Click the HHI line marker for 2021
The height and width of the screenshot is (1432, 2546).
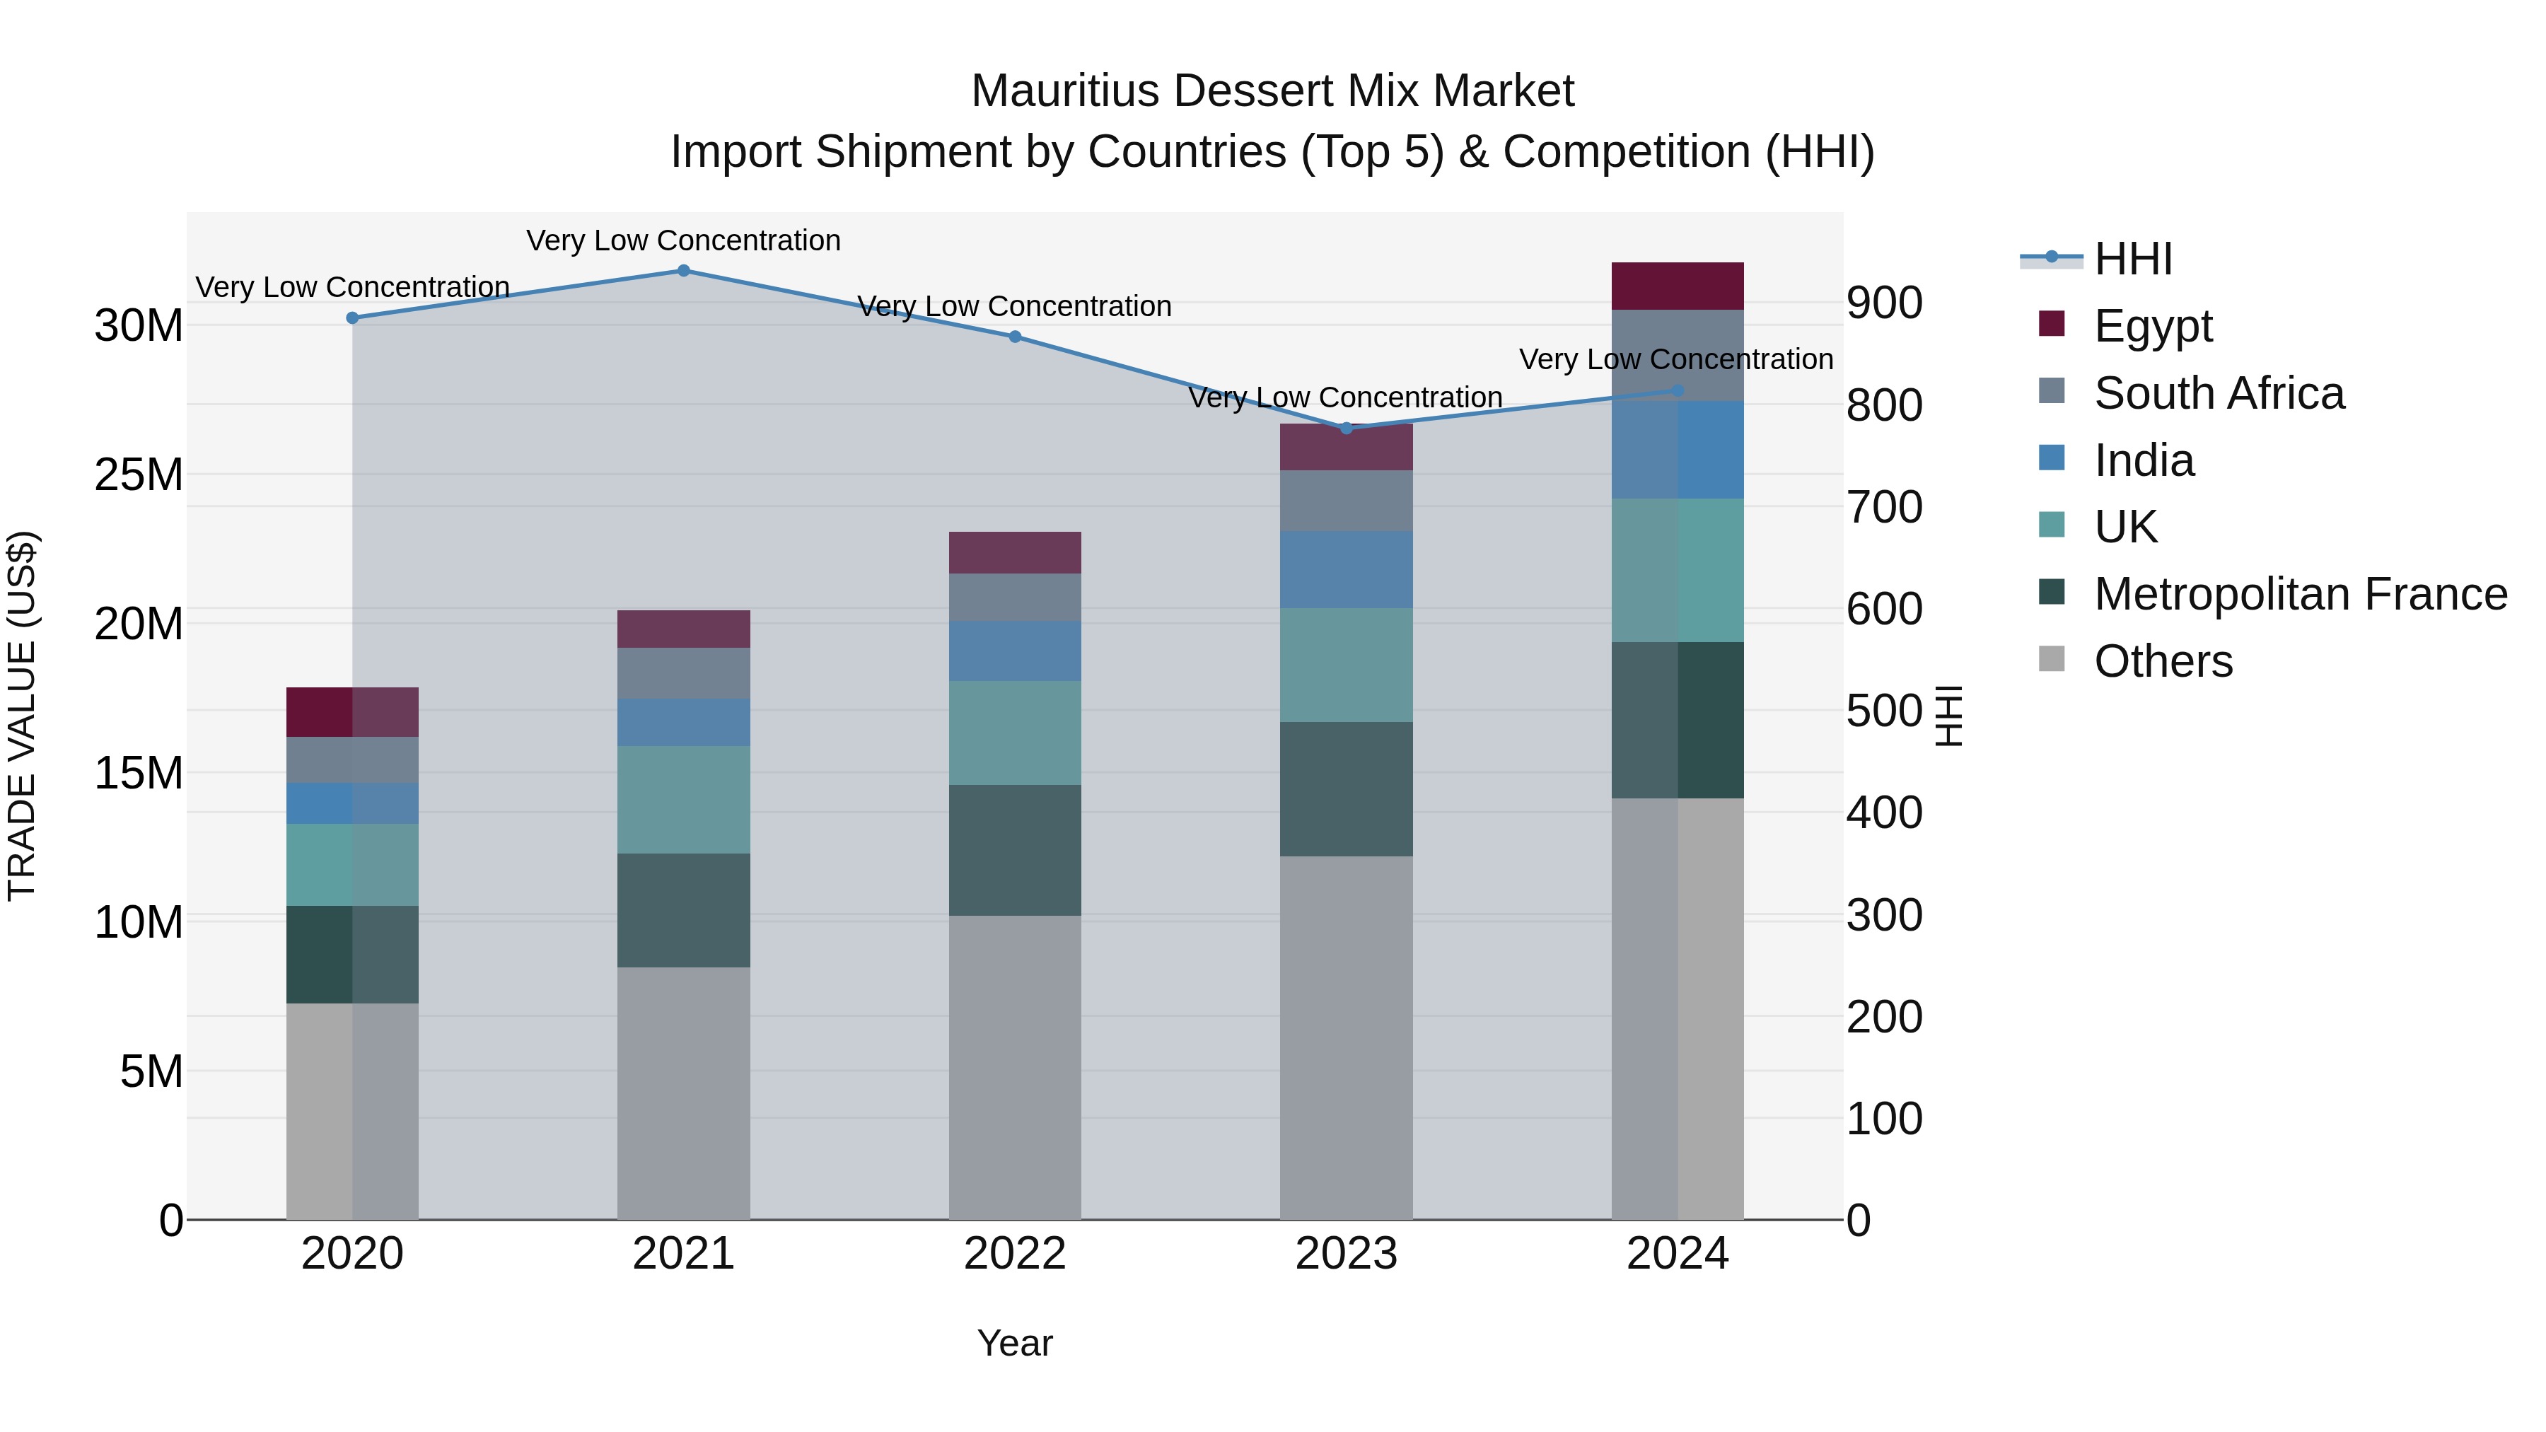click(683, 271)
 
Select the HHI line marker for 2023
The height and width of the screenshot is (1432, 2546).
click(1345, 428)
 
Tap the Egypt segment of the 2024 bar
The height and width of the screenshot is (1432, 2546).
click(1678, 286)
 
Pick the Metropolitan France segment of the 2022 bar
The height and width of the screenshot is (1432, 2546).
click(1014, 850)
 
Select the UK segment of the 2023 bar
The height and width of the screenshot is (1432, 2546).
click(1345, 665)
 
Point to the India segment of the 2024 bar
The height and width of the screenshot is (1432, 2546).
click(1678, 450)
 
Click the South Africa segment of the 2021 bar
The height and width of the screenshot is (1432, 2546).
click(683, 673)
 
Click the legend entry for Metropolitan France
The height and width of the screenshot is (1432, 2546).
click(2299, 594)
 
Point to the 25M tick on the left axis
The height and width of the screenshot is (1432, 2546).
click(139, 475)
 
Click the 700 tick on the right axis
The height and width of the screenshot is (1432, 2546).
click(1884, 508)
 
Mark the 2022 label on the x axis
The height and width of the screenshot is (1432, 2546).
click(1014, 1254)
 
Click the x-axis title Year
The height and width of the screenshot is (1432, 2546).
click(1014, 1343)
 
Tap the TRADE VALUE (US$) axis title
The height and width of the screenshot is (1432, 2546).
click(22, 716)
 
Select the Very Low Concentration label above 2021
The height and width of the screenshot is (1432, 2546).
click(683, 241)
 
